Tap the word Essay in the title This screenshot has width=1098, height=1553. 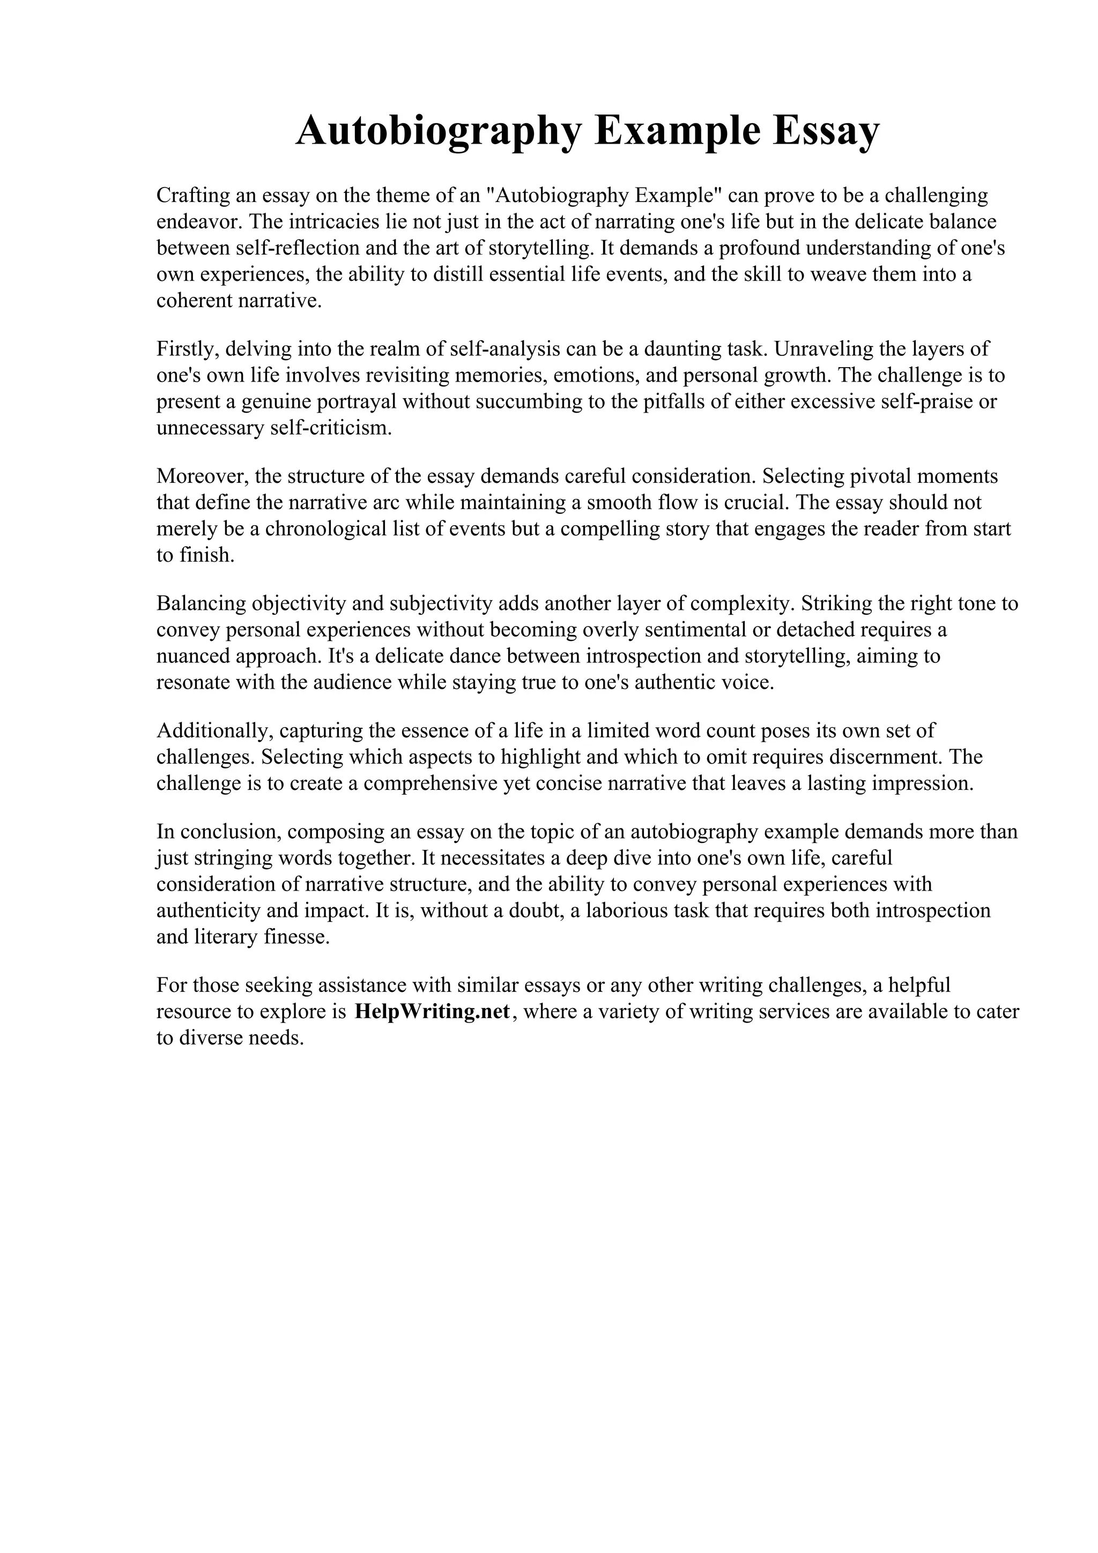(826, 131)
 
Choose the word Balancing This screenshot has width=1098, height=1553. (201, 604)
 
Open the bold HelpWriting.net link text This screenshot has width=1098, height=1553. (432, 1012)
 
